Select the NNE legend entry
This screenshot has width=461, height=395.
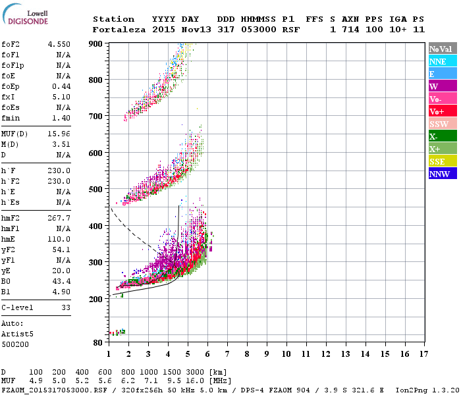[x=437, y=61]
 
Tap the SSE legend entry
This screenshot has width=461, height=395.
[x=437, y=161]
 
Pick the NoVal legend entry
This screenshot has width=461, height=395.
[x=442, y=49]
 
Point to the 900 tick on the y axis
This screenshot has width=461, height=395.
[x=96, y=43]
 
